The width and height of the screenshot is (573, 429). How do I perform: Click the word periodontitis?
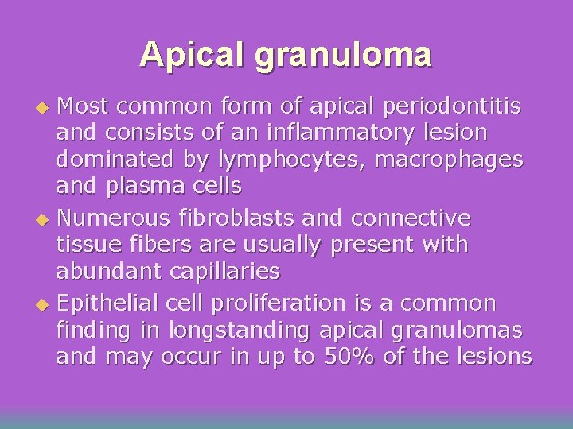[453, 106]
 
